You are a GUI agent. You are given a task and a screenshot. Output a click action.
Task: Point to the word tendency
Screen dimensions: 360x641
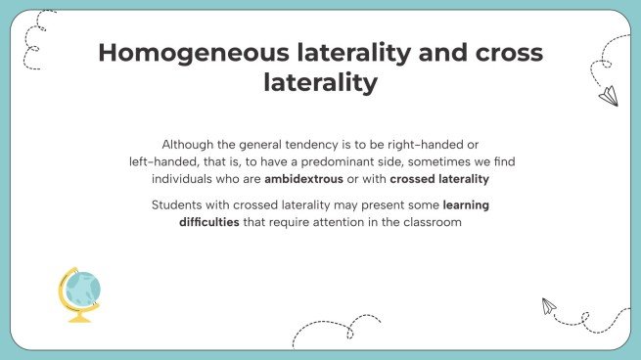click(x=318, y=143)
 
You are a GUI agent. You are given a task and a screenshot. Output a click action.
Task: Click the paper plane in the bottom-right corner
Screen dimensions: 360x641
click(x=549, y=306)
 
